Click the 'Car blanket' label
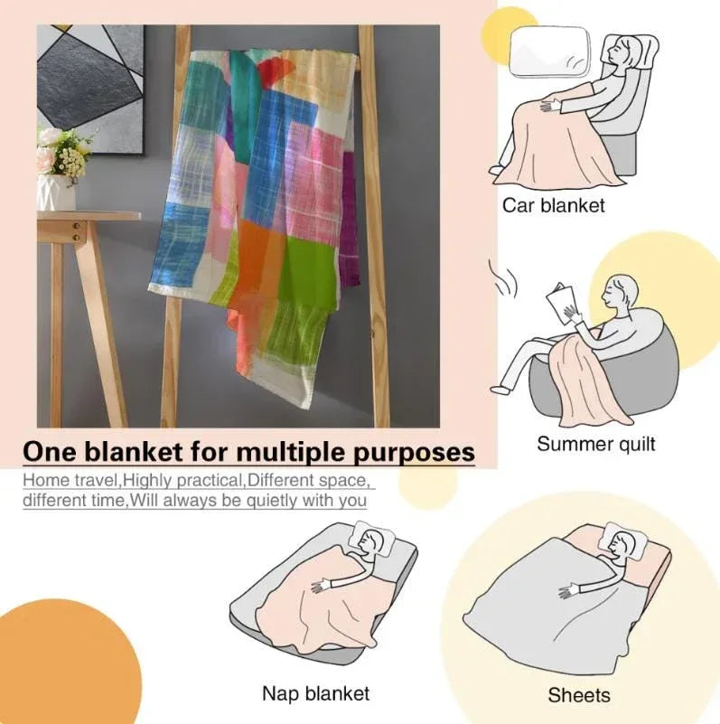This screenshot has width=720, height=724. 553,205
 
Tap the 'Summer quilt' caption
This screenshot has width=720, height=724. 595,444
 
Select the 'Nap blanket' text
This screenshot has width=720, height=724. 315,693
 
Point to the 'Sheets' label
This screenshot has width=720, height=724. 579,695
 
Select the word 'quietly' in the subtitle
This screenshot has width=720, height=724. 258,500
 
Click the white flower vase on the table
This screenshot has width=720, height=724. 55,193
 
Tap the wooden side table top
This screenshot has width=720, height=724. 88,217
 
